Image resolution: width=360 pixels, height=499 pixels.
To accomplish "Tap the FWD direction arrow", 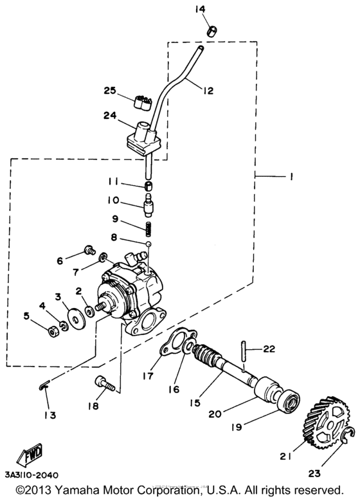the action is pos(30,453).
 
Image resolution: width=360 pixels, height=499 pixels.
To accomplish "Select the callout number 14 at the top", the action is pos(201,9).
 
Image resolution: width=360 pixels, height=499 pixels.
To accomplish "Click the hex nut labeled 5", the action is pos(53,332).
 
